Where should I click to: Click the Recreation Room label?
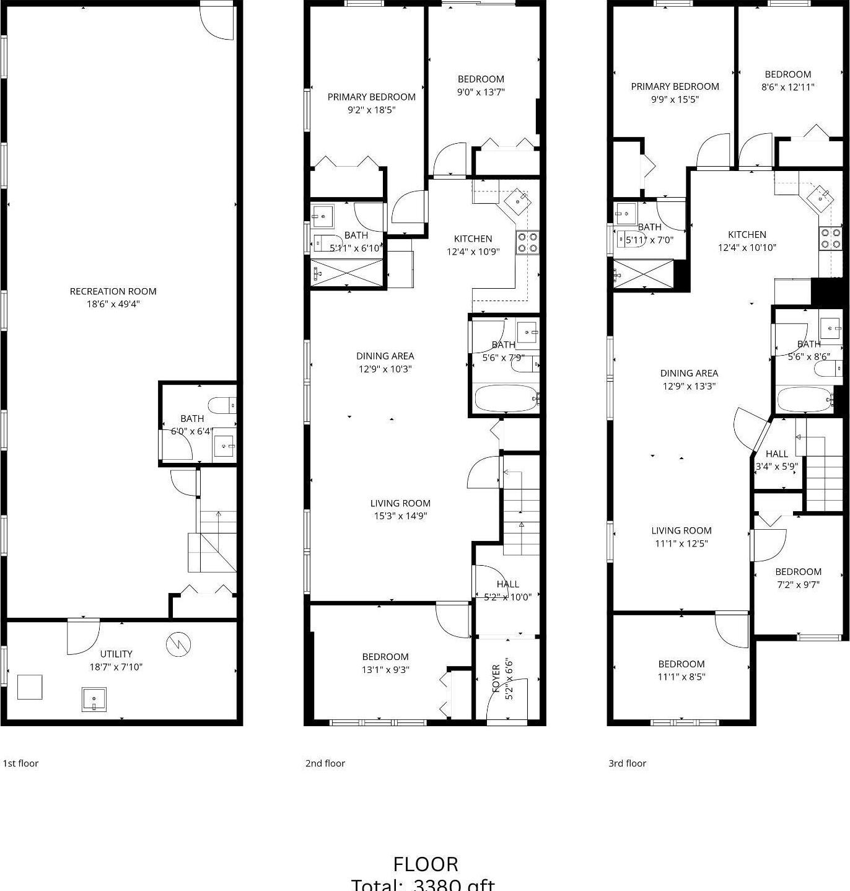(x=113, y=291)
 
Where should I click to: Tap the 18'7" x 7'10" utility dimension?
(x=116, y=667)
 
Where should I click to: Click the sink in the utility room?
(x=94, y=700)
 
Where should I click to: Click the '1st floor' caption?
(x=20, y=763)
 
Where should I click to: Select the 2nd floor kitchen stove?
(x=527, y=242)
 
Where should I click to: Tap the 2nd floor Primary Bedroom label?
(x=371, y=97)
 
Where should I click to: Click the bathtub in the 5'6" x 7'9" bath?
(x=506, y=398)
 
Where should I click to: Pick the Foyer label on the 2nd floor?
(x=496, y=680)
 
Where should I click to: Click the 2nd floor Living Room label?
(x=400, y=503)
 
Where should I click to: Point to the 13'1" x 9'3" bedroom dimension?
(x=385, y=670)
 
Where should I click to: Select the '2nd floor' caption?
(x=325, y=763)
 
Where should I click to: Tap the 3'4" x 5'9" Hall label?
(x=776, y=454)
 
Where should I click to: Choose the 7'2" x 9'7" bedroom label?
(x=798, y=571)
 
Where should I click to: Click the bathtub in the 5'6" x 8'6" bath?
(x=805, y=400)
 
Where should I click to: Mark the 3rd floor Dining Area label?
(x=689, y=373)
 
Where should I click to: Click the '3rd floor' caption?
(x=627, y=763)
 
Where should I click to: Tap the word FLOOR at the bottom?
(x=426, y=864)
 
